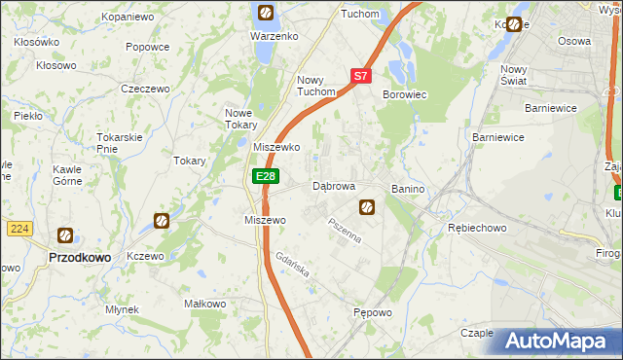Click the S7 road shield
coord(360,75)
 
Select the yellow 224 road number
coord(18,229)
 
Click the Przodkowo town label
coord(78,257)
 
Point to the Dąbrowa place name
coord(333,186)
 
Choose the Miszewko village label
coord(276,147)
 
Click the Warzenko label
coord(274,36)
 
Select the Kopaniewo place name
coord(128,18)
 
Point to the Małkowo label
coord(205,304)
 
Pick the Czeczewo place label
coord(145,89)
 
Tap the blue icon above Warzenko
coord(265,14)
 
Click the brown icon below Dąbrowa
coord(367,206)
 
